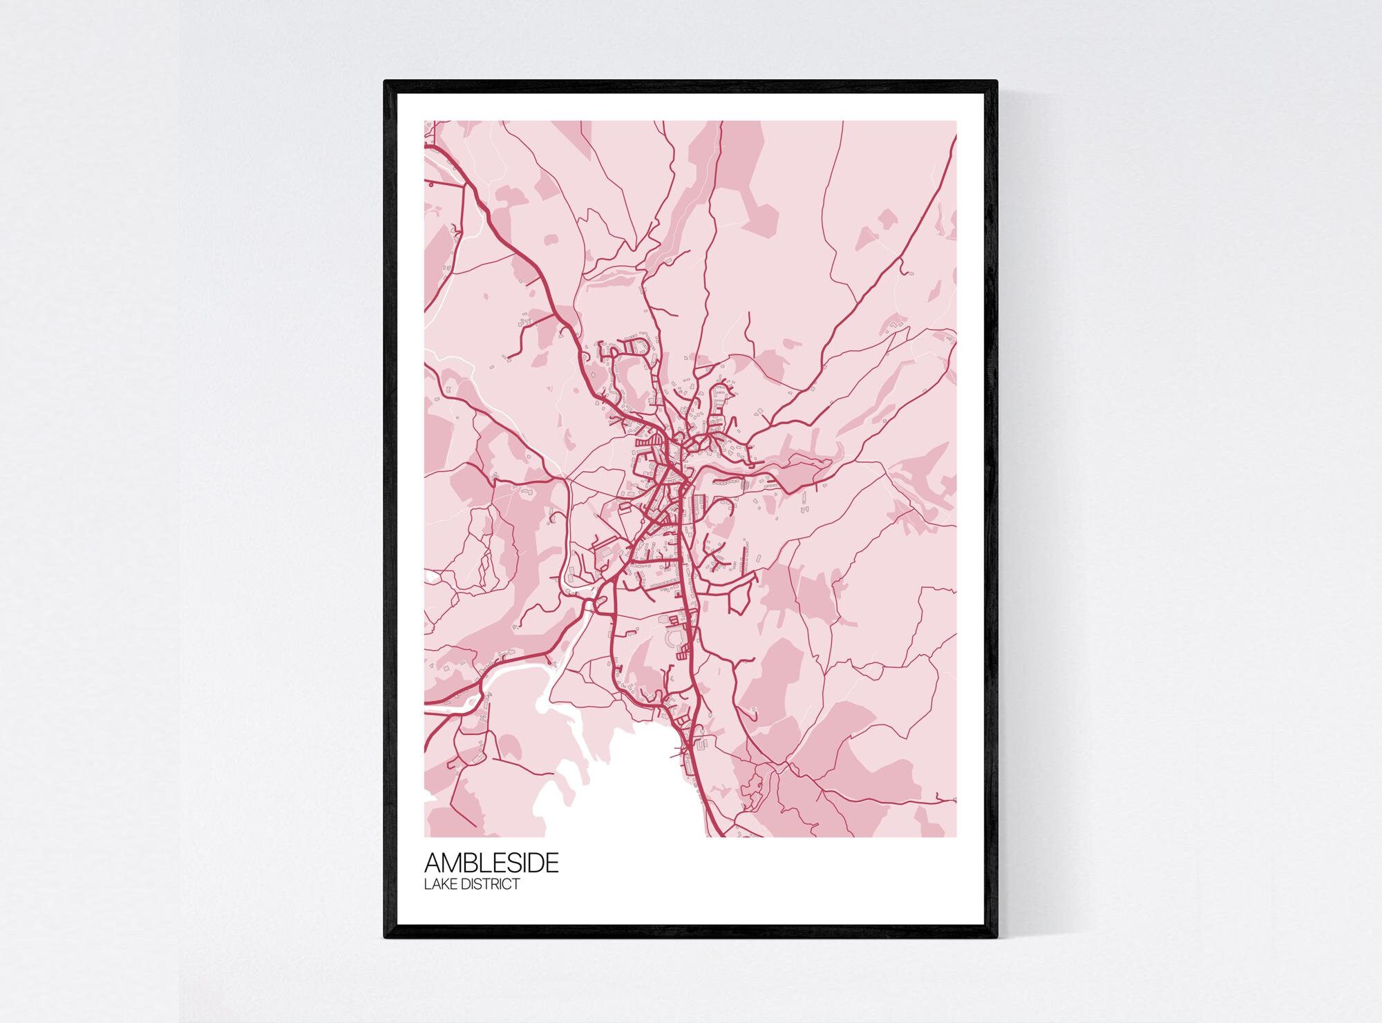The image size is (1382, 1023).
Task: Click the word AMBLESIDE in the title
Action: (491, 863)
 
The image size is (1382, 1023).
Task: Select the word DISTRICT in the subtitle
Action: (491, 884)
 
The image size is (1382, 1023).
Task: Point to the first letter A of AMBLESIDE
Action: (433, 863)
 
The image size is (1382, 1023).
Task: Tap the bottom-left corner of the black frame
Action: (385, 937)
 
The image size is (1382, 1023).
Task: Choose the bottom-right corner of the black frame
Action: (996, 937)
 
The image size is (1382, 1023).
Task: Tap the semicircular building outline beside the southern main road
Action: (672, 640)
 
